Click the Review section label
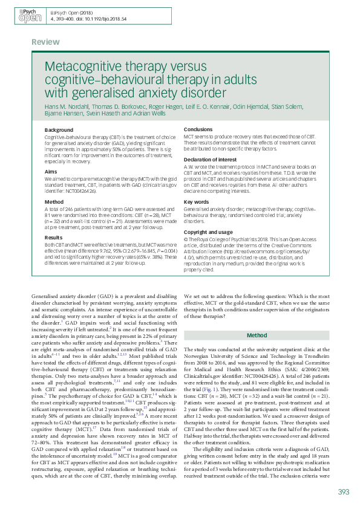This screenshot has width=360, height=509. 47,42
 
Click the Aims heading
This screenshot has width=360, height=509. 51,172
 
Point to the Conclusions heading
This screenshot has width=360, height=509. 198,130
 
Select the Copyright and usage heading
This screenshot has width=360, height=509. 209,232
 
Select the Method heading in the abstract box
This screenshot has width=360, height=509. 54,201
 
